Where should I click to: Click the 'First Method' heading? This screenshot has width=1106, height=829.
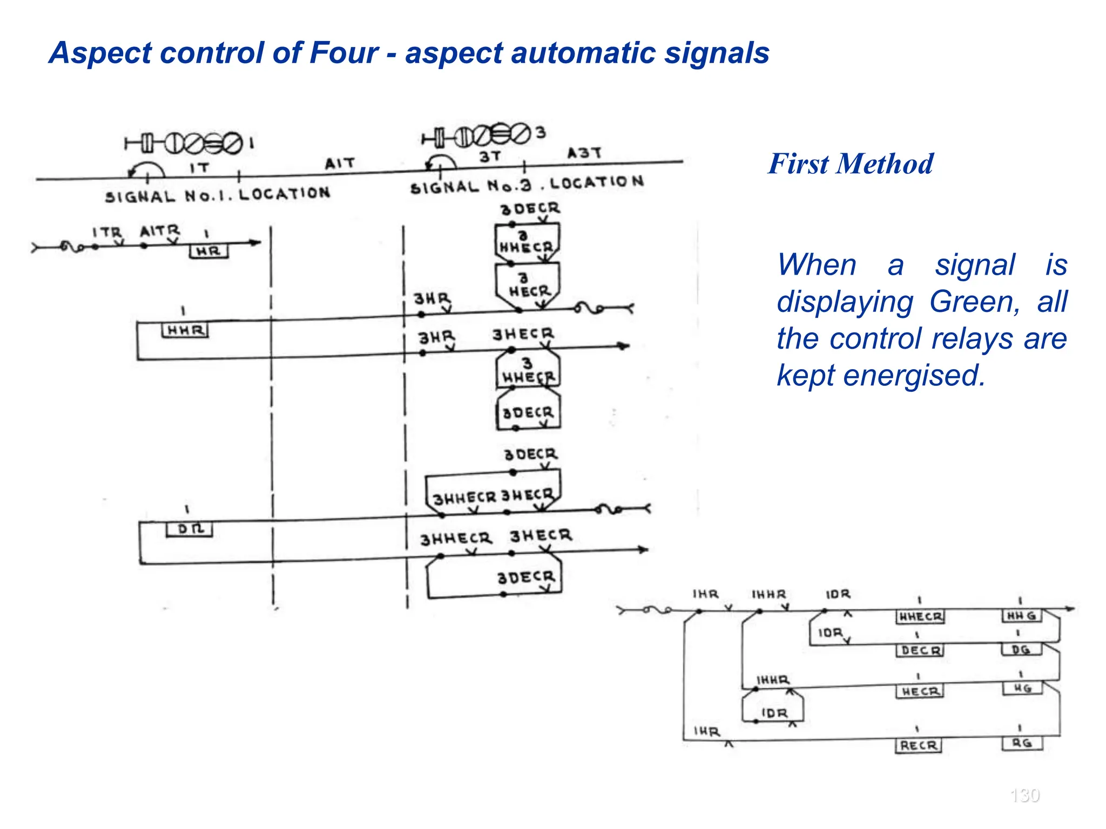pyautogui.click(x=851, y=164)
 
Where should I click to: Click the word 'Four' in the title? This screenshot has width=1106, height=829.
pyautogui.click(x=343, y=53)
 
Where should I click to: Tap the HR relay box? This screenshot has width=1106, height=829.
pyautogui.click(x=208, y=252)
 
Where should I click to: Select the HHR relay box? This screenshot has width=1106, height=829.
pyautogui.click(x=185, y=330)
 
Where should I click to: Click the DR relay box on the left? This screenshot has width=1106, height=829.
pyautogui.click(x=189, y=529)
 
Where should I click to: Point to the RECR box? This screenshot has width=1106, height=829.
pyautogui.click(x=918, y=745)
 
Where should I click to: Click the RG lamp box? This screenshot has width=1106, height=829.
pyautogui.click(x=1022, y=743)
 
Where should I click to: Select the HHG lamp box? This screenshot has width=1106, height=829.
pyautogui.click(x=1022, y=616)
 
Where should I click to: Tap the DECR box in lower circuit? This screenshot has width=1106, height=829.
pyautogui.click(x=920, y=651)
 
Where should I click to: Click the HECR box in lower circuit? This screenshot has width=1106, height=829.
pyautogui.click(x=920, y=691)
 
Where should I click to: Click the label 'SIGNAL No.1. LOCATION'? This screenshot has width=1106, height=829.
pyautogui.click(x=217, y=195)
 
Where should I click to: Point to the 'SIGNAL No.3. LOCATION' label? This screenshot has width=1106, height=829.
pyautogui.click(x=527, y=185)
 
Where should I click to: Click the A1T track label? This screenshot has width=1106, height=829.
pyautogui.click(x=340, y=163)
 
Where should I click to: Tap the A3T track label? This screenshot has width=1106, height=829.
pyautogui.click(x=584, y=153)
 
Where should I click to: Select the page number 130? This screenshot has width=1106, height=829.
pyautogui.click(x=1024, y=795)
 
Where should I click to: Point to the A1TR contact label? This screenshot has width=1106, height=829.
pyautogui.click(x=159, y=231)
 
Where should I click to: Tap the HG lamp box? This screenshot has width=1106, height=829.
pyautogui.click(x=1022, y=688)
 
